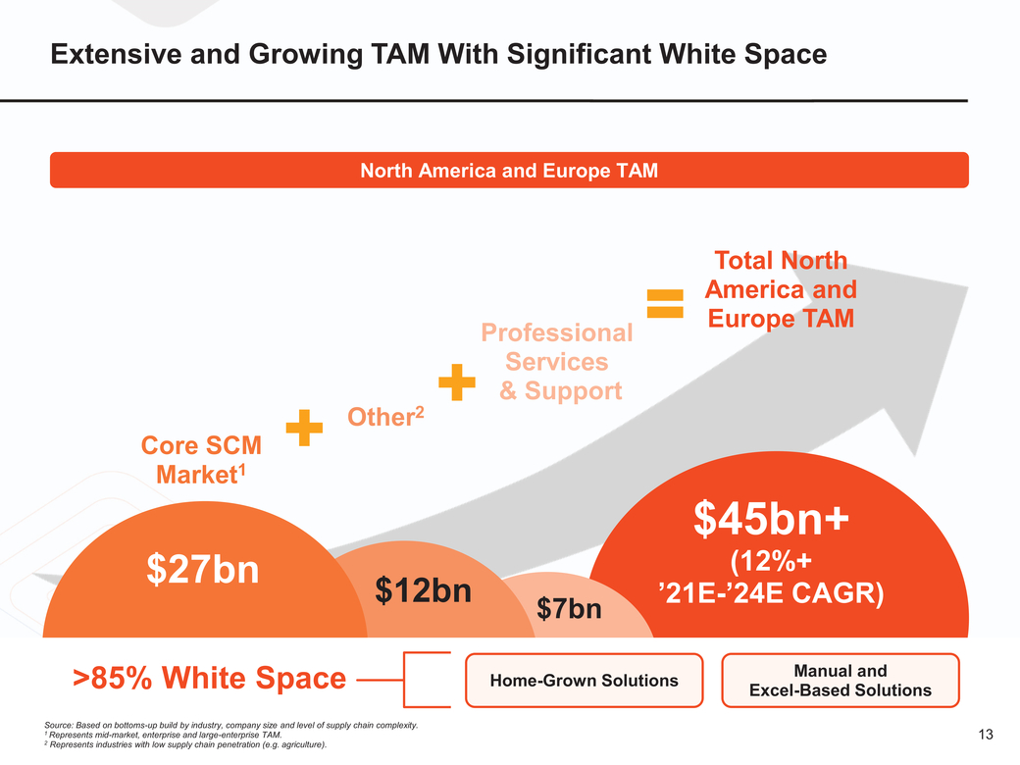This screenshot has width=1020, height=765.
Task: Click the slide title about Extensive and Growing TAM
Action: (437, 55)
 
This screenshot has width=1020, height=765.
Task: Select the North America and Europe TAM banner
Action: (509, 171)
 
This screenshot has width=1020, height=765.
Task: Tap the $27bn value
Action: (202, 569)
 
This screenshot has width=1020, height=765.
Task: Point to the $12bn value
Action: (424, 590)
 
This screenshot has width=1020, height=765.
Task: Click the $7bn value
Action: (569, 609)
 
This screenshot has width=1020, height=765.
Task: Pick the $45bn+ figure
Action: (771, 521)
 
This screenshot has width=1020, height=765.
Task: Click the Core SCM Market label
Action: (202, 459)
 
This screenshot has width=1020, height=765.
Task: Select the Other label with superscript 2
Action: (386, 416)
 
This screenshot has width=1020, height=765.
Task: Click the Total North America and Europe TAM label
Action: (781, 289)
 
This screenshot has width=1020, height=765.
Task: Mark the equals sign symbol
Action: (665, 302)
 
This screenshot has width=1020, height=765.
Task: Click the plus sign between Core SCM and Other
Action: (305, 428)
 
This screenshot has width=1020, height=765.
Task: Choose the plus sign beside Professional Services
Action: (456, 382)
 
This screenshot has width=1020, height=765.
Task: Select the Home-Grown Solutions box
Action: (584, 680)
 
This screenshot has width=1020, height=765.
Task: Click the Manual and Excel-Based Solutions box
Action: (840, 681)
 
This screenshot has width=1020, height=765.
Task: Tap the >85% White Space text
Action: (210, 678)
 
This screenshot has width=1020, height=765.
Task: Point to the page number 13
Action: (986, 736)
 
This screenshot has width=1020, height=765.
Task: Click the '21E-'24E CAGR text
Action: (771, 594)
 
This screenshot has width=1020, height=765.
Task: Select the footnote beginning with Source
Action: (231, 725)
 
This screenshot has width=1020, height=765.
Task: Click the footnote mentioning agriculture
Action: (185, 745)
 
